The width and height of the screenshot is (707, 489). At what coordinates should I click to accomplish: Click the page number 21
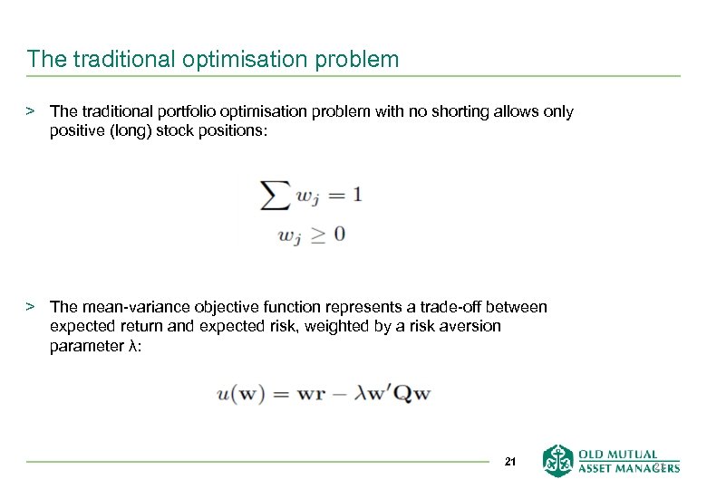(509, 463)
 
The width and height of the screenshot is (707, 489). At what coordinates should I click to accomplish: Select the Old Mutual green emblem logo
(558, 460)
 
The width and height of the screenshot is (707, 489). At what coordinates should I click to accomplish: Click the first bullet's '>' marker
(30, 111)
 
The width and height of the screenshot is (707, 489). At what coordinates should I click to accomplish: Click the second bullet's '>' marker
(30, 307)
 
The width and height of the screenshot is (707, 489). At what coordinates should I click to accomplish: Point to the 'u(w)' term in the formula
(240, 394)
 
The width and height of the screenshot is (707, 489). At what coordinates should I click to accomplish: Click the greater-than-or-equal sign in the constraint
(315, 234)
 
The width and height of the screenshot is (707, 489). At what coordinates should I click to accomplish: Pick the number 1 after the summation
(356, 194)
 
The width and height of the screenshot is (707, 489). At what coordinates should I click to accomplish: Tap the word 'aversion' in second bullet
(470, 326)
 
